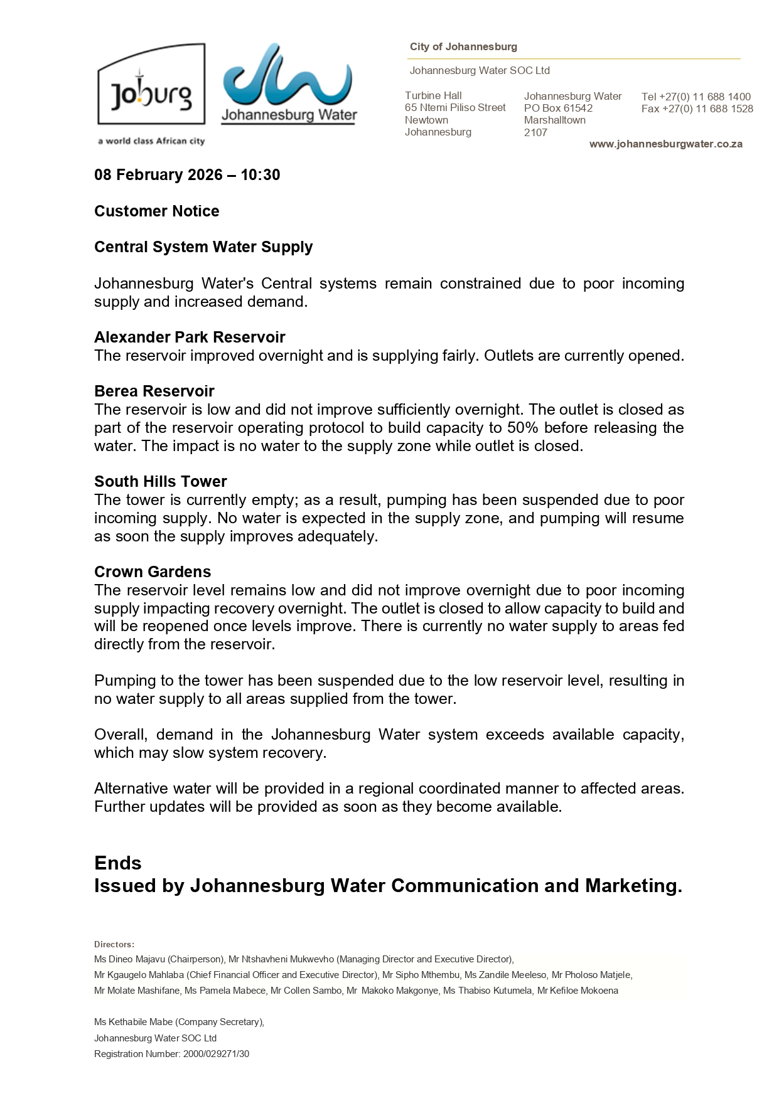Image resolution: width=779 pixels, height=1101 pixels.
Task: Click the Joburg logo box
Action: click(x=151, y=85)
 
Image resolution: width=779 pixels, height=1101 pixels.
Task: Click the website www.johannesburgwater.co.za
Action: click(x=665, y=144)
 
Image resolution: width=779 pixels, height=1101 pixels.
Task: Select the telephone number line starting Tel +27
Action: click(x=696, y=97)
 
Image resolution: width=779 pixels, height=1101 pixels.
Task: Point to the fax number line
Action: click(x=697, y=109)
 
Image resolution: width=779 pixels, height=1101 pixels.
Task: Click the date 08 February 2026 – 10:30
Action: click(x=187, y=175)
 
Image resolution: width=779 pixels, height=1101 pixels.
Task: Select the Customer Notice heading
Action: click(x=156, y=211)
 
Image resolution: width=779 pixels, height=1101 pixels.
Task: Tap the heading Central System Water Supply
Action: click(x=203, y=247)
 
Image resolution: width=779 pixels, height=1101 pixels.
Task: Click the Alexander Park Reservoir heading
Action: click(x=190, y=338)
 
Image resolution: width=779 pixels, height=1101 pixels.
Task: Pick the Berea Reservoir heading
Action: click(x=154, y=391)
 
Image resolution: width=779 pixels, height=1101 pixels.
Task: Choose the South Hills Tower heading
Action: click(x=160, y=482)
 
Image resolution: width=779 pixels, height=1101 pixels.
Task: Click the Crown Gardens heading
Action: click(x=153, y=572)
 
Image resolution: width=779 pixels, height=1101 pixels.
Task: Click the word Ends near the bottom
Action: click(x=118, y=863)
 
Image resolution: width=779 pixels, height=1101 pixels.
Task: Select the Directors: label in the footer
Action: click(x=114, y=944)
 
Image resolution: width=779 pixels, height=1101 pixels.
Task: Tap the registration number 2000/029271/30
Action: click(x=216, y=1054)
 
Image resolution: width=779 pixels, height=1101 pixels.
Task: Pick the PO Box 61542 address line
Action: click(x=558, y=109)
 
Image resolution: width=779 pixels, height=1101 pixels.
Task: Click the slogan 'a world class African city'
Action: click(x=151, y=141)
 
